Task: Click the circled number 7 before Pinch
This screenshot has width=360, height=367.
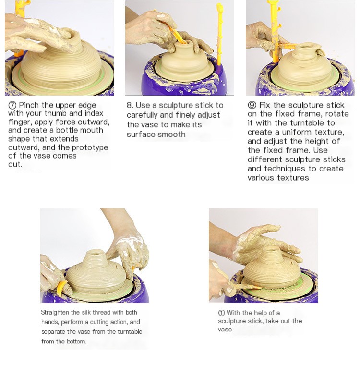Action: click(x=12, y=106)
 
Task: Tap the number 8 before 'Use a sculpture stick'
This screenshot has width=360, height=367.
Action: click(x=130, y=105)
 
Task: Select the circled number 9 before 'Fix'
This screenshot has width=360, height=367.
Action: click(x=252, y=105)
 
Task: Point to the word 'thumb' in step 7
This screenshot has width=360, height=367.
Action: click(x=55, y=113)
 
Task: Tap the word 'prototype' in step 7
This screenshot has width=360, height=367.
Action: click(x=90, y=148)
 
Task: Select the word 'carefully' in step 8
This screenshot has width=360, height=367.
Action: click(x=142, y=115)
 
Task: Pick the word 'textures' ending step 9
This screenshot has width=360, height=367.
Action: click(x=293, y=178)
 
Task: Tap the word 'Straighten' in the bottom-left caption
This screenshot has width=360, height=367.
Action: click(x=55, y=313)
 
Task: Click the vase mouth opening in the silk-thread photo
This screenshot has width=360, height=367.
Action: click(x=96, y=253)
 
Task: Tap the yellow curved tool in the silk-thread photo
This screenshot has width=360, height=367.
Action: click(x=61, y=287)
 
